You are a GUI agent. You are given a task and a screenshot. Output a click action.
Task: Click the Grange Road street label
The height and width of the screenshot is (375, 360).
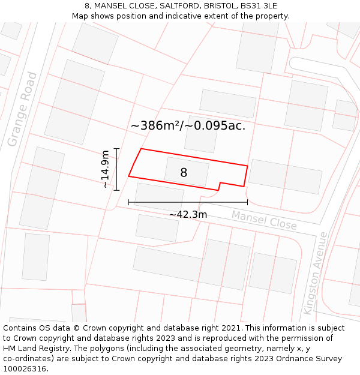coord(22,110)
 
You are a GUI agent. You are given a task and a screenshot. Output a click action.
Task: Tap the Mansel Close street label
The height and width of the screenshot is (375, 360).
coord(264,220)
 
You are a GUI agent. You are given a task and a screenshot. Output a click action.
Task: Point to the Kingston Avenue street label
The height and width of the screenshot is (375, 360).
coord(316,273)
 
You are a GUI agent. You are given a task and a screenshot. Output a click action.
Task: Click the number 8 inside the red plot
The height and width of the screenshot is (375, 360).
coord(184,173)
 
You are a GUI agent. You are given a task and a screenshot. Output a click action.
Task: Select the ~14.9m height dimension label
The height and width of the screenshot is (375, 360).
coord(106,169)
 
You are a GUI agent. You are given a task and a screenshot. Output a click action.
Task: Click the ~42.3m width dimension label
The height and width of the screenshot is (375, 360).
coord(188,214)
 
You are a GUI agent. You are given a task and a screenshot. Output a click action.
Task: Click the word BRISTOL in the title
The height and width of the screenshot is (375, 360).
coord(220,6)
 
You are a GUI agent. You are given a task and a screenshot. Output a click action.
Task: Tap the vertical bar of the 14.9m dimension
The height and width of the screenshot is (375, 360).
coord(116,169)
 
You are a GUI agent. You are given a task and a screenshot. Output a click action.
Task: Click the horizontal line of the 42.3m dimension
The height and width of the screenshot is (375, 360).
coord(188,203)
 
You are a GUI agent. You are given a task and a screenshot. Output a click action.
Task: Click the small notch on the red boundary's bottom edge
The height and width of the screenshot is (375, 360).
coord(219,186)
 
